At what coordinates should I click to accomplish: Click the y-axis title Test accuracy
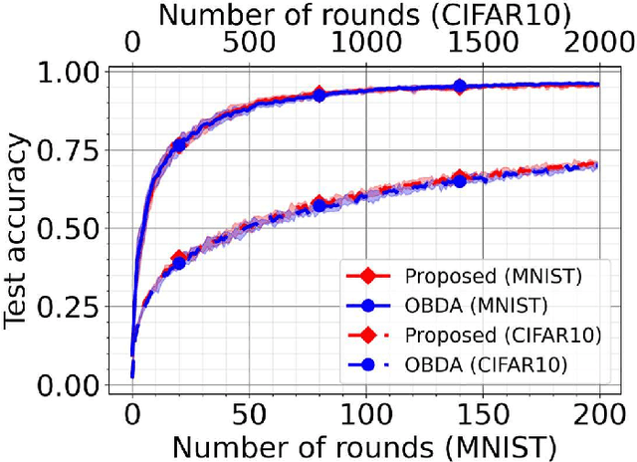click(x=18, y=229)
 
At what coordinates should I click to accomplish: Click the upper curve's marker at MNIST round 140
click(x=459, y=87)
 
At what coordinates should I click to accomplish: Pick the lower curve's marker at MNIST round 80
click(x=318, y=204)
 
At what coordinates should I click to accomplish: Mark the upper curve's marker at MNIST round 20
click(x=179, y=146)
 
